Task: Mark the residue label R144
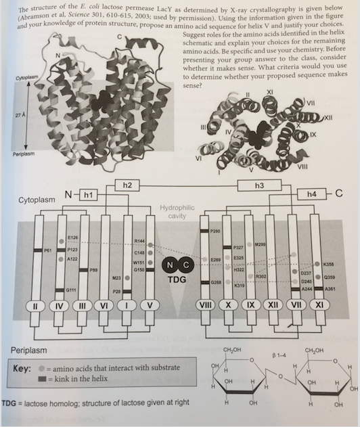[x=140, y=241]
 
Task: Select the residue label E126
[x=73, y=238]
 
